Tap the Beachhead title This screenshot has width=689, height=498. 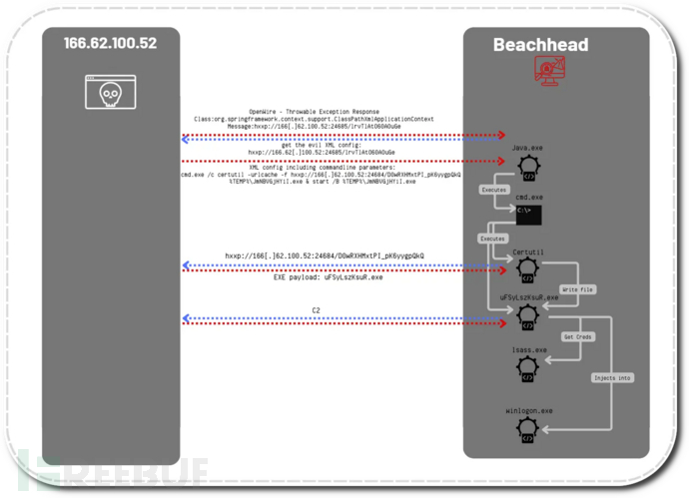[x=540, y=45]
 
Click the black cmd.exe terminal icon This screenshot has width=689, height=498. [x=527, y=215]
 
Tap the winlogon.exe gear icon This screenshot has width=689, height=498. [x=527, y=430]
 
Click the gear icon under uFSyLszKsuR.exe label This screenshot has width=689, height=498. [x=527, y=316]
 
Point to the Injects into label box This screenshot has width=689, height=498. [x=612, y=377]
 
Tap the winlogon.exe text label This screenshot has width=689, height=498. [x=527, y=410]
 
